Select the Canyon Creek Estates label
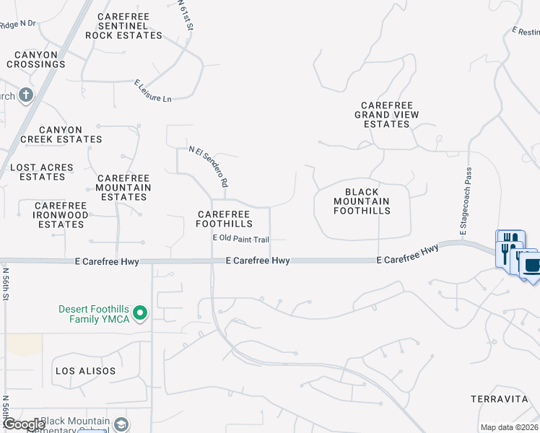pos(61,134)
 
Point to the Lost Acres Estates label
pos(42,172)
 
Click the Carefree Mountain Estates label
pos(123,188)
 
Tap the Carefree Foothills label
pos(224,219)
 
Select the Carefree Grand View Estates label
pos(387,114)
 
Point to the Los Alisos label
pos(85,371)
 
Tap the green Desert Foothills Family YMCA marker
pos(141,313)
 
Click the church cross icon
pos(25,95)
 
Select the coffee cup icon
pos(531,263)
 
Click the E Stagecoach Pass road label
pos(468,203)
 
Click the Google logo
pos(24,424)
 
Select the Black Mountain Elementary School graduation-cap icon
pos(121,424)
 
